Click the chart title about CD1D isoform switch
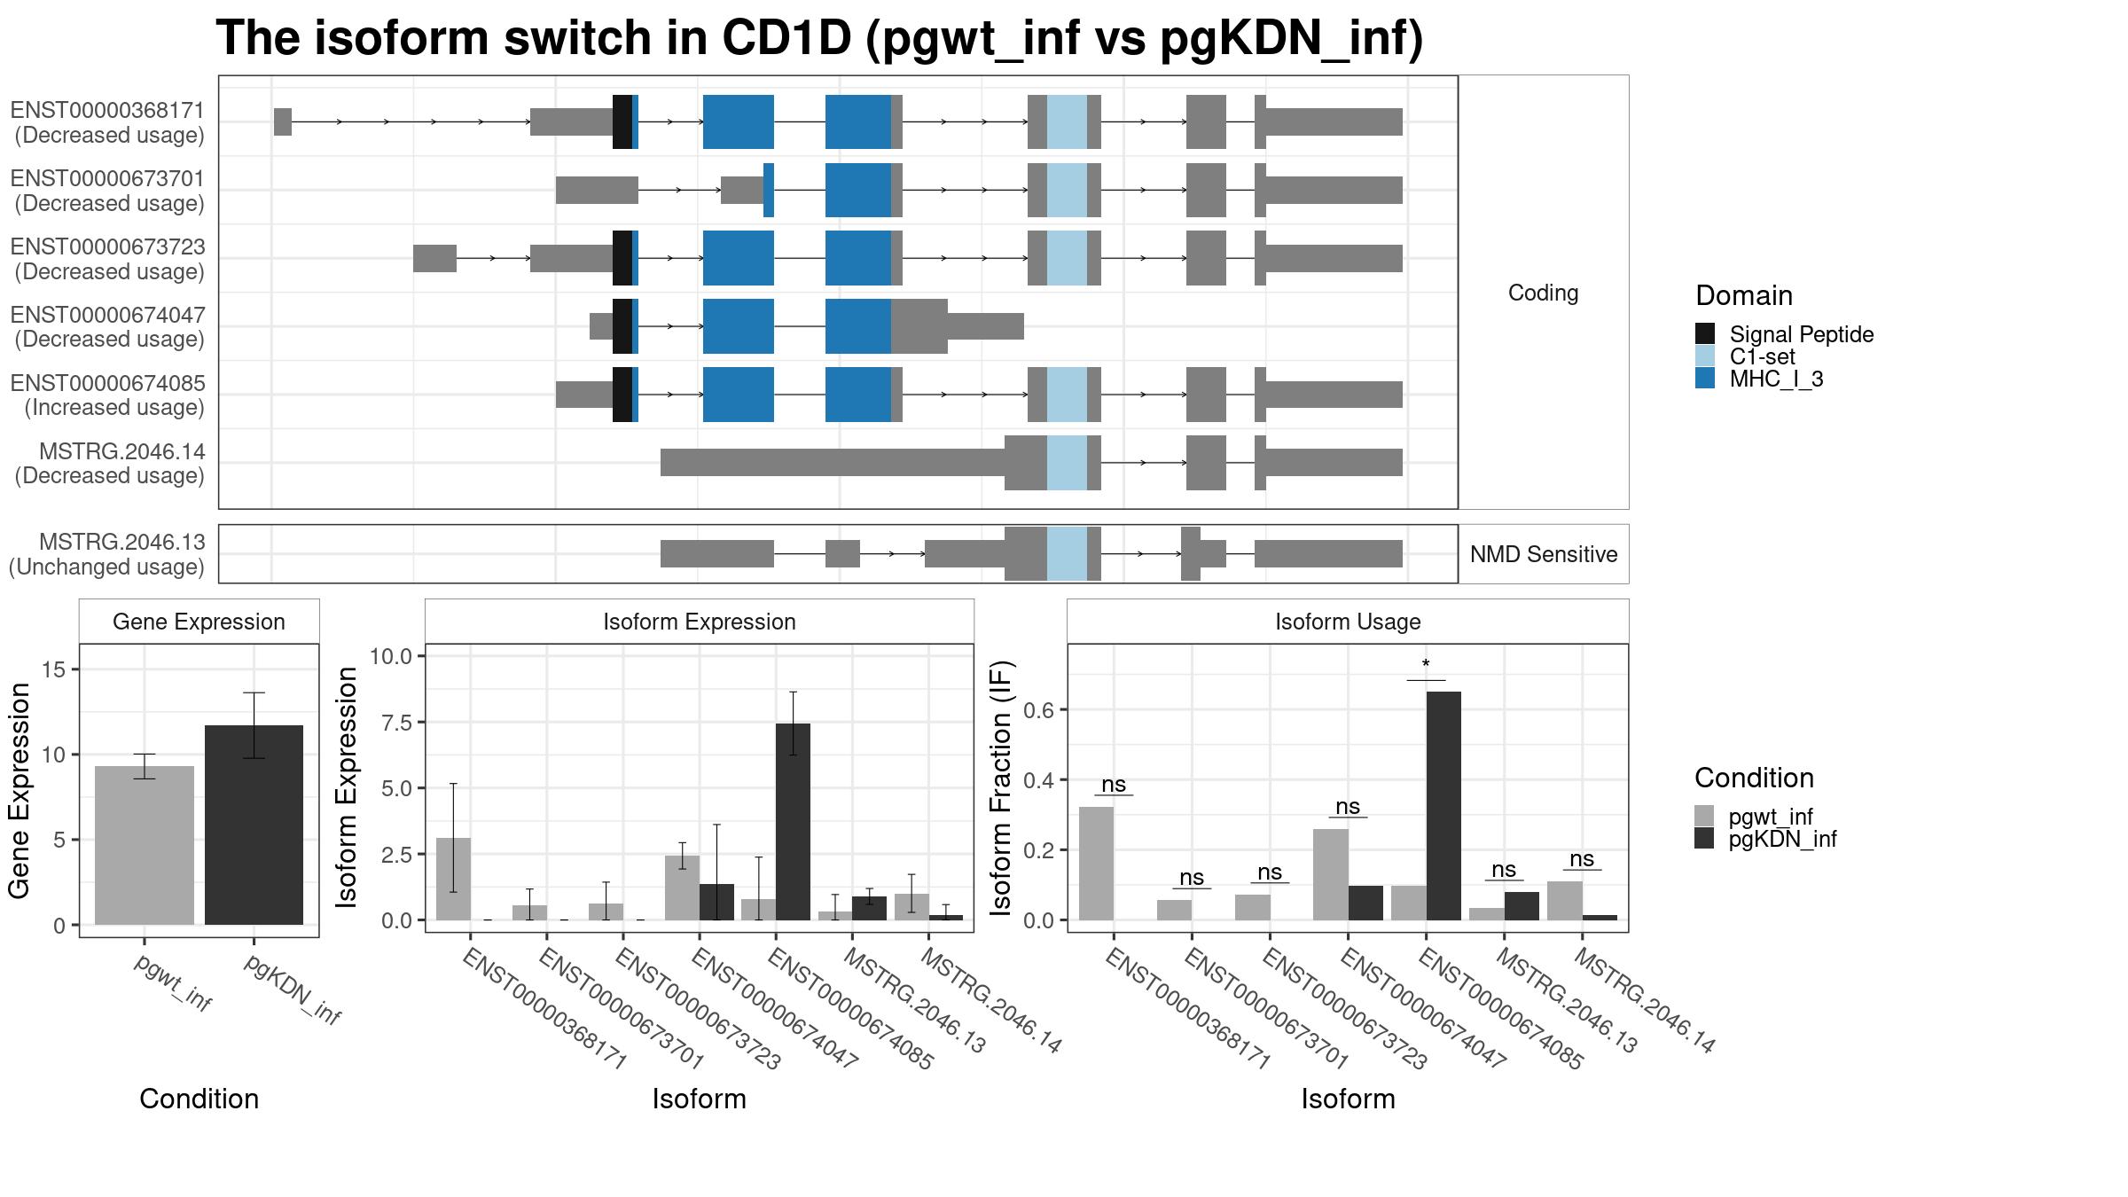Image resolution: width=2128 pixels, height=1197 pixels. click(x=819, y=39)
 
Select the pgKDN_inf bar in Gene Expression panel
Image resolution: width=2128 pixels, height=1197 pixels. click(x=254, y=825)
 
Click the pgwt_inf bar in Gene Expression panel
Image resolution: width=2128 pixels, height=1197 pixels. click(x=145, y=845)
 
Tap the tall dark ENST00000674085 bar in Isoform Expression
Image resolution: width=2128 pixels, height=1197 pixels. click(x=793, y=822)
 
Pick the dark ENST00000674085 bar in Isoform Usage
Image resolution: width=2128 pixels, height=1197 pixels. click(x=1443, y=806)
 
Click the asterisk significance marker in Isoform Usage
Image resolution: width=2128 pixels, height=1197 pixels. click(x=1426, y=665)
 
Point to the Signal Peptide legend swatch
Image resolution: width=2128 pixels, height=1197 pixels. click(x=1705, y=333)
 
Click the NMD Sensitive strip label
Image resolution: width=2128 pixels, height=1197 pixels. click(x=1544, y=554)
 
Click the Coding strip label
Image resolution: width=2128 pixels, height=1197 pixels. click(x=1544, y=293)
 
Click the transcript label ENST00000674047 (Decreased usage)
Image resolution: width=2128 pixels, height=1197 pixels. click(x=108, y=327)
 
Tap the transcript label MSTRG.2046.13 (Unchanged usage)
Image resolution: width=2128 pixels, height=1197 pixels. click(x=107, y=554)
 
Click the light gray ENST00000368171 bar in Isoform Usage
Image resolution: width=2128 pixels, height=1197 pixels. click(x=1097, y=864)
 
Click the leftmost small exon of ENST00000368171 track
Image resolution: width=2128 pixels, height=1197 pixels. click(x=283, y=121)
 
